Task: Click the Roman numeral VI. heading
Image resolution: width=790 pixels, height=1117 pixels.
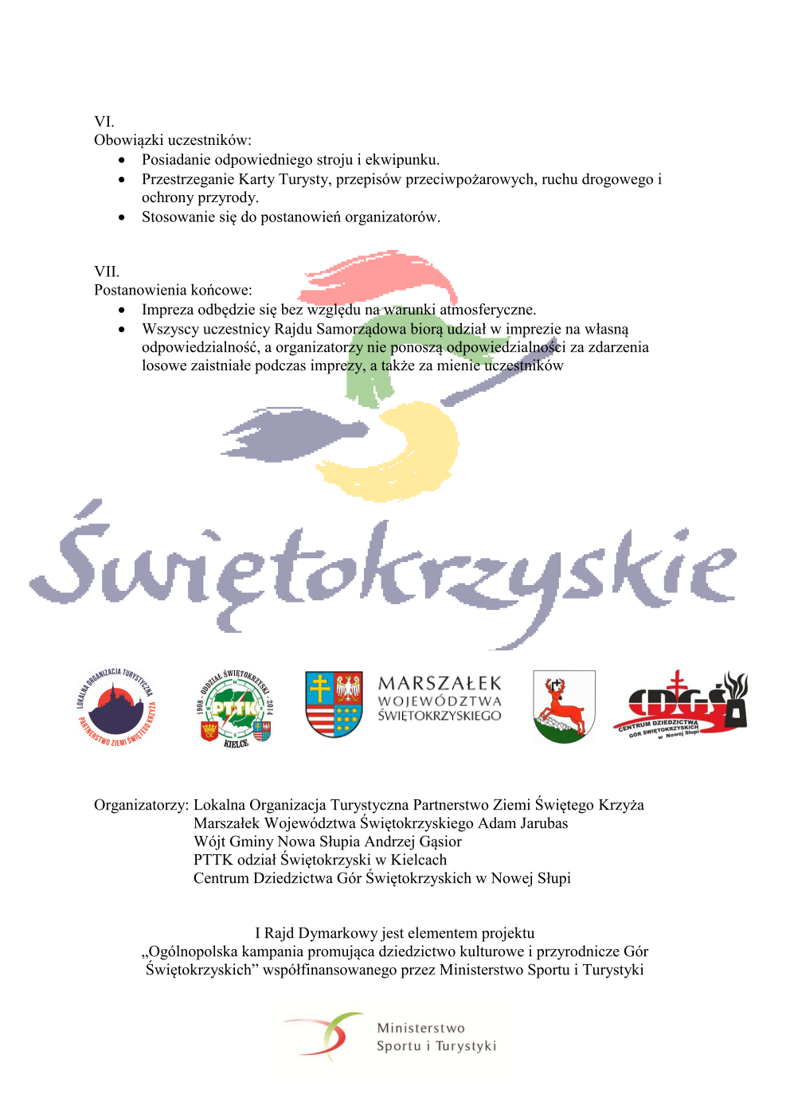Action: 104,122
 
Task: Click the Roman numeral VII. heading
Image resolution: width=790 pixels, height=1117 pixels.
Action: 107,271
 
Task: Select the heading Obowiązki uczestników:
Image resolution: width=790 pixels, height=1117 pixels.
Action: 173,140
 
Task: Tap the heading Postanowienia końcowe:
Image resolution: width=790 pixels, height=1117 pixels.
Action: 173,290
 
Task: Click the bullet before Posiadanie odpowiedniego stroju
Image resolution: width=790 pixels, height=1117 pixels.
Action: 122,160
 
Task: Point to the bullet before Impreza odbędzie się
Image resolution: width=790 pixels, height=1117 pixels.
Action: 122,310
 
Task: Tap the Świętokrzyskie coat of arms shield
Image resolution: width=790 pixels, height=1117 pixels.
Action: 334,704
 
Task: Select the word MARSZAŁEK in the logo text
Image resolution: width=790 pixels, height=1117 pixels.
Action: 440,684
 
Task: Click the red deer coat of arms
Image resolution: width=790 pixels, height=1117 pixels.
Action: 564,706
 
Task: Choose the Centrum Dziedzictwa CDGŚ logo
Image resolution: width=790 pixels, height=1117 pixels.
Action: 682,705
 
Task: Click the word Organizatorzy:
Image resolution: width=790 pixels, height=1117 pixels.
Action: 141,805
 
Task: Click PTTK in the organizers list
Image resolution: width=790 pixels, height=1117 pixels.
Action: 213,860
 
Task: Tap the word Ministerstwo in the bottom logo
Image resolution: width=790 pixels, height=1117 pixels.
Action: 420,1028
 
